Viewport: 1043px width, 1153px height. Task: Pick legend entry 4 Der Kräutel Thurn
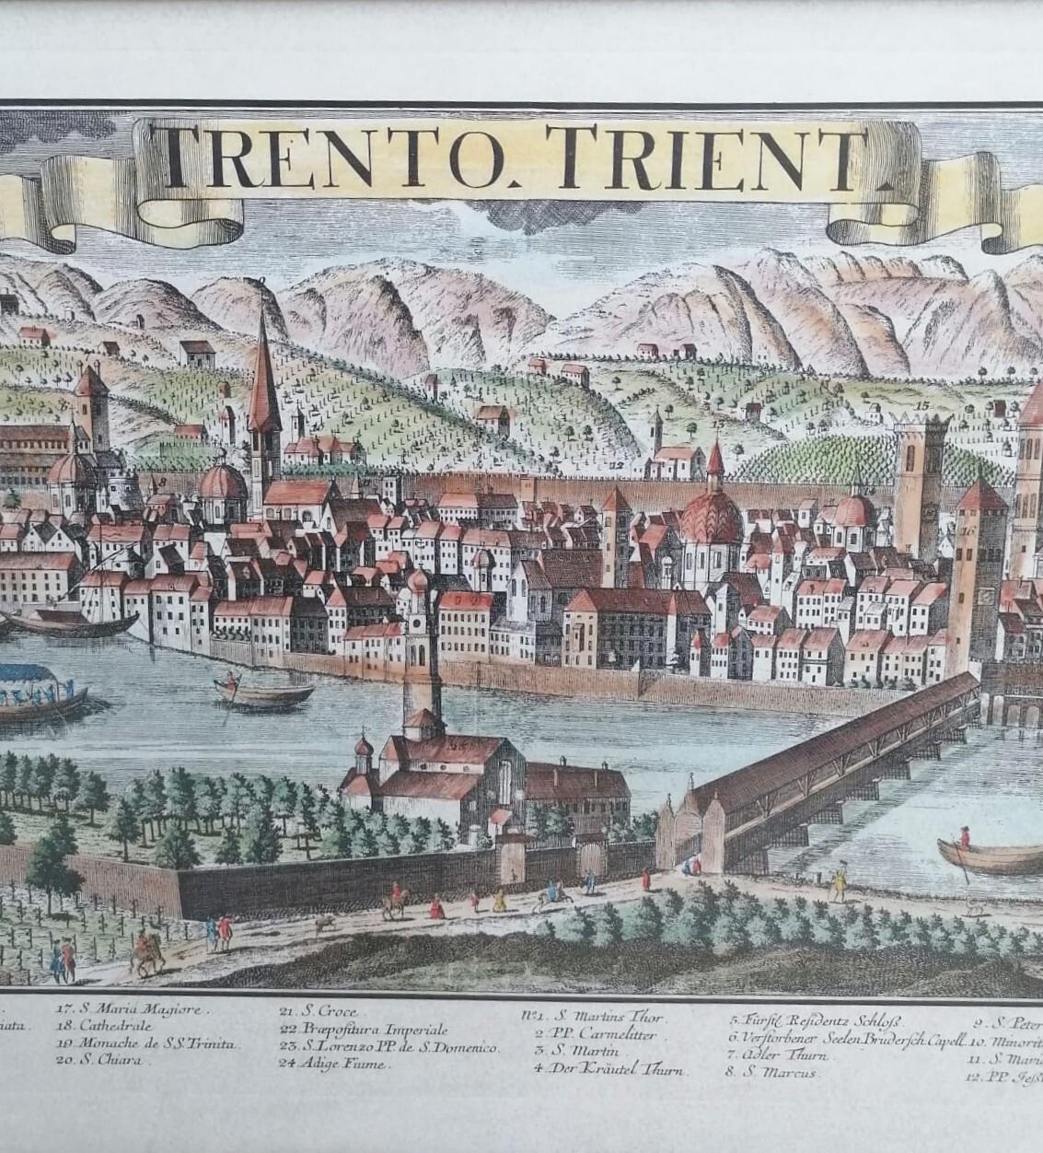[608, 1068]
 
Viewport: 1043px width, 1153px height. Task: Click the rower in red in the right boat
[964, 839]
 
